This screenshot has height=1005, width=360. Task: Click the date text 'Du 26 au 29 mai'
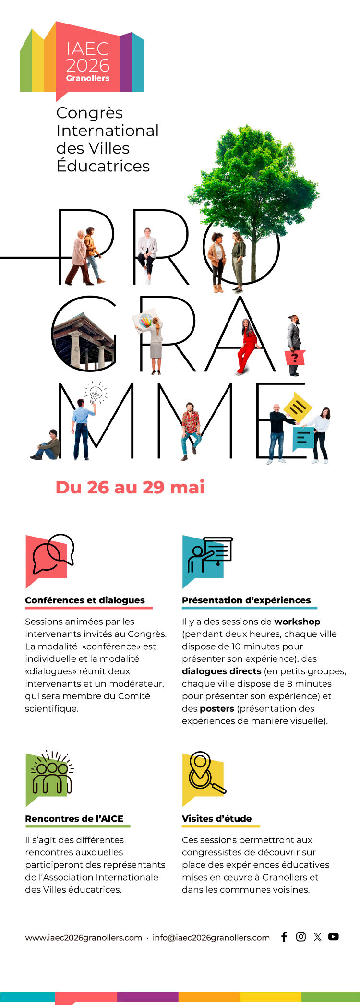pyautogui.click(x=130, y=487)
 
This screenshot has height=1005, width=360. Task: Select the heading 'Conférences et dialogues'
pyautogui.click(x=85, y=600)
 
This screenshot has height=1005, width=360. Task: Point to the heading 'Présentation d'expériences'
pyautogui.click(x=246, y=600)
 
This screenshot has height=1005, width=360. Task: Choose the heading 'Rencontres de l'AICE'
pyautogui.click(x=74, y=818)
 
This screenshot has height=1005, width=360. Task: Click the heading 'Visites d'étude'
pyautogui.click(x=216, y=818)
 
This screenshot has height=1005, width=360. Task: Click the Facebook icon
pyautogui.click(x=284, y=936)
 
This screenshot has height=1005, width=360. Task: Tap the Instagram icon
pyautogui.click(x=301, y=936)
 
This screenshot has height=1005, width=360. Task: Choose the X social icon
pyautogui.click(x=317, y=937)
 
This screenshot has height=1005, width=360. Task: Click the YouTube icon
pyautogui.click(x=334, y=936)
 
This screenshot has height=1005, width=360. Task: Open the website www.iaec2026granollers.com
pyautogui.click(x=84, y=937)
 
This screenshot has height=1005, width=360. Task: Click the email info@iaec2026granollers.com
pyautogui.click(x=211, y=937)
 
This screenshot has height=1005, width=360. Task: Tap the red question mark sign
pyautogui.click(x=295, y=358)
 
